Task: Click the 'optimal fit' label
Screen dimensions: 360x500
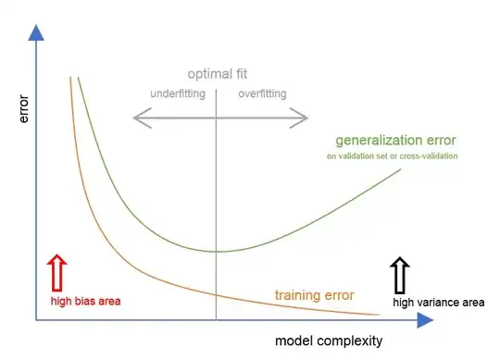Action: [x=218, y=74]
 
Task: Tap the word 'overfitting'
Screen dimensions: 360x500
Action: [x=262, y=93]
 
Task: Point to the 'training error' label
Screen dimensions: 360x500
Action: [x=314, y=296]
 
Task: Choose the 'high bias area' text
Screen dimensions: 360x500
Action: [x=85, y=301]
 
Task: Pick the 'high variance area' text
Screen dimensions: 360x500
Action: [x=438, y=302]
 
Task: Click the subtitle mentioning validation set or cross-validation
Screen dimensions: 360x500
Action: [x=392, y=156]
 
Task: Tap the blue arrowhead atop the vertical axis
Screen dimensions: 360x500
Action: [x=36, y=31]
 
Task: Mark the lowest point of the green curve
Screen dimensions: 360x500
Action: [x=217, y=251]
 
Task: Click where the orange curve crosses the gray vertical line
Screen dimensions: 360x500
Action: [x=217, y=294]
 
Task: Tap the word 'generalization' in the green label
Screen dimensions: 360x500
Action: [x=376, y=142]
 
